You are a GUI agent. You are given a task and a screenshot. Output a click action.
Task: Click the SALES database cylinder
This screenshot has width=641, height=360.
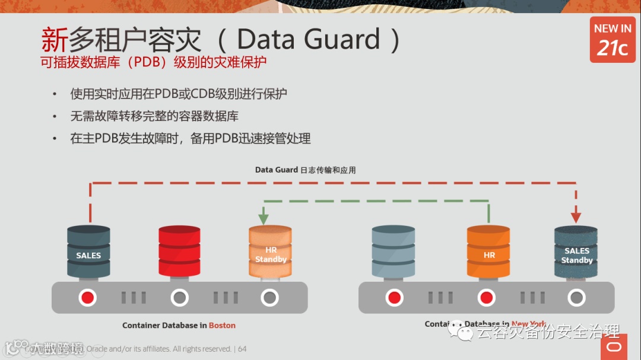click(x=88, y=251)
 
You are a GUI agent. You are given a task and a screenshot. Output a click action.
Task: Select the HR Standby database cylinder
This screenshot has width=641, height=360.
click(x=270, y=251)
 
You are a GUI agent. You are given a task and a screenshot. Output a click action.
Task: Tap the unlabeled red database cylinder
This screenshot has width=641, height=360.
click(x=179, y=251)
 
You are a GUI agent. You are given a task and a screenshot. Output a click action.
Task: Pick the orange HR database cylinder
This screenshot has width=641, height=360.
click(x=488, y=251)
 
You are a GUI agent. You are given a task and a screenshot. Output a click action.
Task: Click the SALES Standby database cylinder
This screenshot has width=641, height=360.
click(x=576, y=251)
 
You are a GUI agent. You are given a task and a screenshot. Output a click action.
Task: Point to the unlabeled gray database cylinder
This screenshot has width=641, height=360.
click(x=393, y=251)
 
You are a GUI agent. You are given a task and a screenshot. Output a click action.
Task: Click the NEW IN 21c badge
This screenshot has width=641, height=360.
click(x=613, y=40)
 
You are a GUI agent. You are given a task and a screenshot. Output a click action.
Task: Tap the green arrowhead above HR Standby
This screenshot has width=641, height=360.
click(x=264, y=218)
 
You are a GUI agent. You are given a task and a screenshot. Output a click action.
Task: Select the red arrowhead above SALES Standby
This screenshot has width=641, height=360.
click(x=576, y=217)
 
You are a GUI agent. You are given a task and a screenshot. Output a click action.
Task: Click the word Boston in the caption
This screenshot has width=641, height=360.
click(x=222, y=326)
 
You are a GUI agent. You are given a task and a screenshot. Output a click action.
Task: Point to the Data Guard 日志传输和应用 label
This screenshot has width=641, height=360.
click(x=305, y=170)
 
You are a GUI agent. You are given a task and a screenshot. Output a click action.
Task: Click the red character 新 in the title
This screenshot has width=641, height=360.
click(x=54, y=40)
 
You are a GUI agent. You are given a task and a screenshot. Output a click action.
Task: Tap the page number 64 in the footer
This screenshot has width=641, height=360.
click(x=242, y=349)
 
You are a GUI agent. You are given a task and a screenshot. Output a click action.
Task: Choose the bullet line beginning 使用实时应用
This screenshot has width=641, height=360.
click(x=179, y=94)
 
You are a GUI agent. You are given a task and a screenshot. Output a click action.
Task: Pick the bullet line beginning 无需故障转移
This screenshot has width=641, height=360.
click(x=154, y=116)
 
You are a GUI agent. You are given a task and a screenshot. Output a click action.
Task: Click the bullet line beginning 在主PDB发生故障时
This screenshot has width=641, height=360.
click(x=190, y=139)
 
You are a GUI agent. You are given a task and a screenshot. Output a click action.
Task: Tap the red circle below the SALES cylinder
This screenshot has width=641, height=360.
click(x=88, y=297)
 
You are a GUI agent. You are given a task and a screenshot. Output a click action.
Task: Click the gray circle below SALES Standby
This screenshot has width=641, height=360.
click(x=576, y=297)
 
